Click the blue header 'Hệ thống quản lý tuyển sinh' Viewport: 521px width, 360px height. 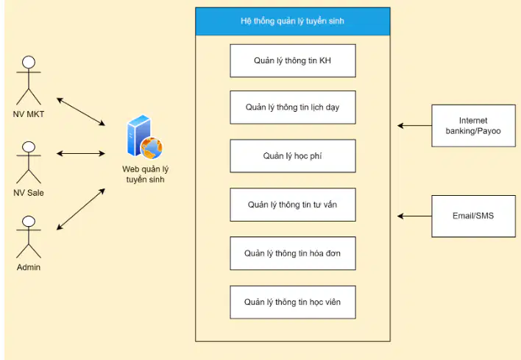[x=293, y=21]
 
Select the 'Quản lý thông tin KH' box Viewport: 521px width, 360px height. [x=293, y=61]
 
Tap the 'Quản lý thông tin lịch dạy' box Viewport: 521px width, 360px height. [x=293, y=107]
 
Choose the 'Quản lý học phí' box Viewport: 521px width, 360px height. [x=293, y=156]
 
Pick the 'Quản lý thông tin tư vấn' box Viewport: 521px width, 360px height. [x=293, y=205]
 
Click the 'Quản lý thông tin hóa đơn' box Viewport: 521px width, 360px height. [x=293, y=253]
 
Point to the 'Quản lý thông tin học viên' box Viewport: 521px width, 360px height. [x=293, y=302]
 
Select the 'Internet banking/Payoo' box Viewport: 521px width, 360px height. [x=473, y=126]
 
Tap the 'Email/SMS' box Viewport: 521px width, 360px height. [x=473, y=216]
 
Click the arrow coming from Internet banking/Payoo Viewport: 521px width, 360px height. [x=415, y=126]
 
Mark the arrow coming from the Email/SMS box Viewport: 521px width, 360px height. [x=415, y=216]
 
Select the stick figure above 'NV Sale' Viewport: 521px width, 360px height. [x=29, y=163]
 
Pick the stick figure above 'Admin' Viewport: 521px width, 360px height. [x=29, y=237]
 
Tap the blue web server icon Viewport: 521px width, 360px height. [x=144, y=137]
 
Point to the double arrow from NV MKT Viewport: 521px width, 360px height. [x=81, y=112]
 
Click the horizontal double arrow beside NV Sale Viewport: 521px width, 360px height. [x=81, y=154]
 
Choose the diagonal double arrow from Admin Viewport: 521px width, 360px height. [x=81, y=209]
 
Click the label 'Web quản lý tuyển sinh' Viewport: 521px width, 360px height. [x=145, y=174]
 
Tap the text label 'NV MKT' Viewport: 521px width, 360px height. [x=29, y=114]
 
